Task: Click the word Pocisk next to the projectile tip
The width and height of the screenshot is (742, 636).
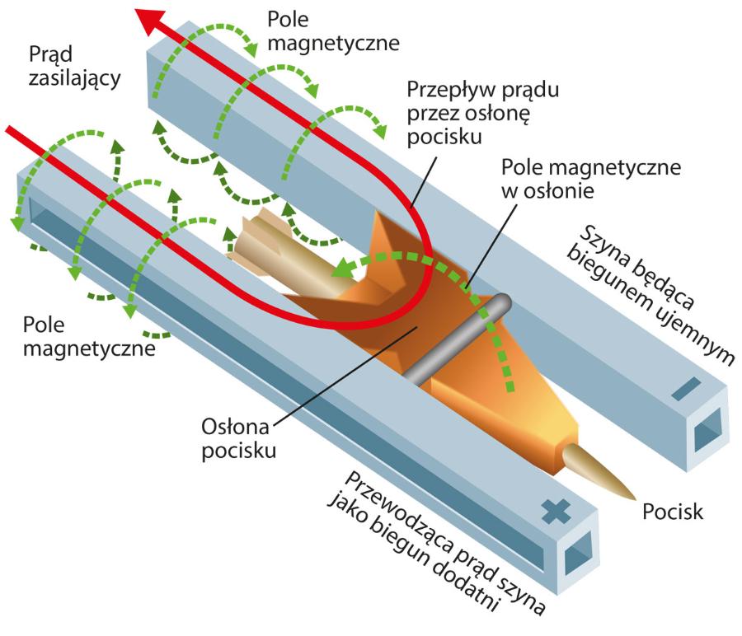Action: [x=673, y=512]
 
